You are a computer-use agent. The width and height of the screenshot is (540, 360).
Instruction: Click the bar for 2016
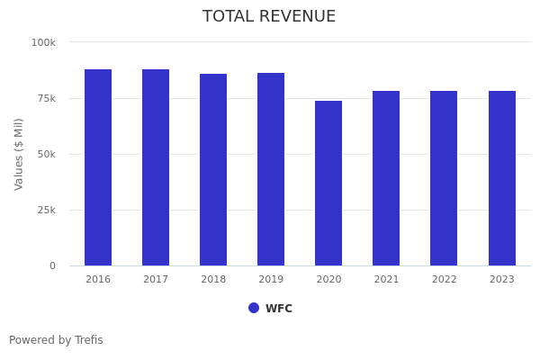tap(98, 167)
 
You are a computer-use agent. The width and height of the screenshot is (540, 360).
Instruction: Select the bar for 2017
tap(156, 167)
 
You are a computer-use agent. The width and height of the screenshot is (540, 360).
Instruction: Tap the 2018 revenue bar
tap(213, 170)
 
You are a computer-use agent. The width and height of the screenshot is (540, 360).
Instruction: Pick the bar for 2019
tap(271, 169)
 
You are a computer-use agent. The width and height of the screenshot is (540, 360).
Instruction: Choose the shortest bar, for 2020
tap(328, 184)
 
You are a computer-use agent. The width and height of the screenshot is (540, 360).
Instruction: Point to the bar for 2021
tap(386, 178)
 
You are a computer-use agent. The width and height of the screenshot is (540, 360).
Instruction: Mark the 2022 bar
tap(444, 178)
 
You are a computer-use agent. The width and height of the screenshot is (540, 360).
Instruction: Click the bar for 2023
tap(502, 178)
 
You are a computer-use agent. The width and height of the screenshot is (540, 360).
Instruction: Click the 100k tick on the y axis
tap(43, 42)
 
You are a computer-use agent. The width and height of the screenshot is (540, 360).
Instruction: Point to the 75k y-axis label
tap(46, 98)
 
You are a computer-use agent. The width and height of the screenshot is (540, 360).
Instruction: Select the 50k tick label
tap(46, 154)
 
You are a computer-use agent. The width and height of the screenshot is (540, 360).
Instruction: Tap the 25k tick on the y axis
tap(46, 210)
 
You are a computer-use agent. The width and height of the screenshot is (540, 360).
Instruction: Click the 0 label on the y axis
tap(52, 265)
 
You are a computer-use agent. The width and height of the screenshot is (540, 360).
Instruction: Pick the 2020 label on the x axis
tap(328, 280)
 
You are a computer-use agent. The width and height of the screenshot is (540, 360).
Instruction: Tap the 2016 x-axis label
tap(98, 280)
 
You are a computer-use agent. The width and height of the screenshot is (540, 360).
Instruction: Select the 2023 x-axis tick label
tap(502, 280)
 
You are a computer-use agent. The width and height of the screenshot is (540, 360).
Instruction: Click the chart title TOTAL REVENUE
tap(269, 17)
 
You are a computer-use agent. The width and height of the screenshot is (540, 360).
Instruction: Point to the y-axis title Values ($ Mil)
tap(19, 154)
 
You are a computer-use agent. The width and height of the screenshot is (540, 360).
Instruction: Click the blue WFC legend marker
tap(254, 308)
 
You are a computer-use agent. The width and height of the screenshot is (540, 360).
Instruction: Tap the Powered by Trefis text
tap(56, 340)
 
